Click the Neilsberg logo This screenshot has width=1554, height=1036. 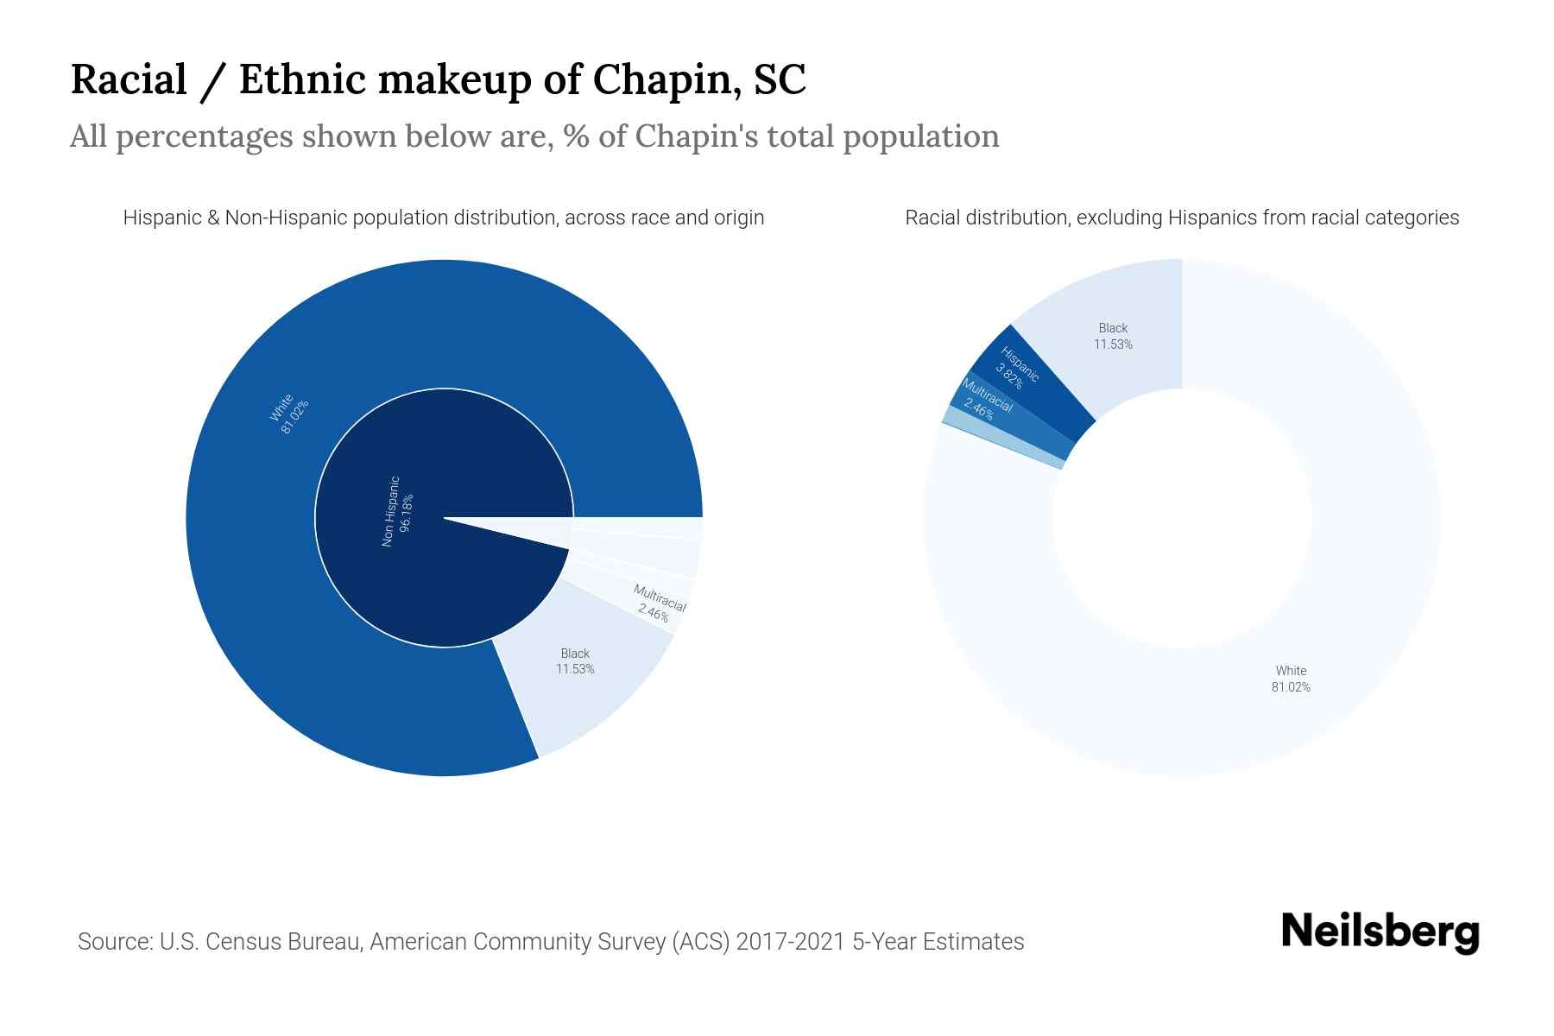coord(1380,932)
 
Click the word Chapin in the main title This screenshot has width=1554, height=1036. coord(660,79)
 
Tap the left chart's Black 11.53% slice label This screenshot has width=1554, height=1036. coord(575,661)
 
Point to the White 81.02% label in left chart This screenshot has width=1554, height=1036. coord(288,414)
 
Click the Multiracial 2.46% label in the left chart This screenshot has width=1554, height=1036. coord(658,603)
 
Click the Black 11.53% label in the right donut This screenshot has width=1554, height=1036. coord(1113,336)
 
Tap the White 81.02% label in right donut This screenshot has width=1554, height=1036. coord(1291,679)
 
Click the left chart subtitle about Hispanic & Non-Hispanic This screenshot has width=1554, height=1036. coord(443,218)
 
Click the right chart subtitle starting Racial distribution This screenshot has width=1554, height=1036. coord(1181,218)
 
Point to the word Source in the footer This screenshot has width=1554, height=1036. coord(114,941)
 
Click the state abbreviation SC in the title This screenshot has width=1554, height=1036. coord(780,79)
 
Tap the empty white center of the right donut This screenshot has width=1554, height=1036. coord(1182,518)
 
